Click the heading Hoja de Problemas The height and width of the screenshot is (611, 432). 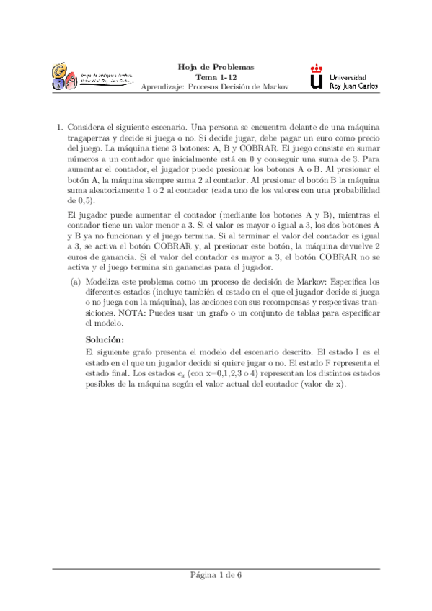216,67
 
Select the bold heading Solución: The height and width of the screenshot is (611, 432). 105,339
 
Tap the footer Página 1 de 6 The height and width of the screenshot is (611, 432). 216,594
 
